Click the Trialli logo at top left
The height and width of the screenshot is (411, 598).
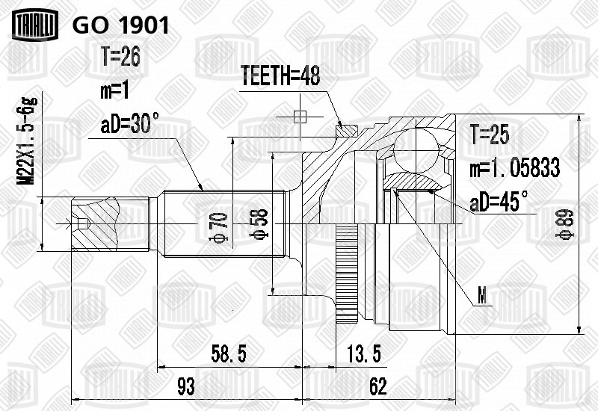35,25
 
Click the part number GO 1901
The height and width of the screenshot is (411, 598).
120,25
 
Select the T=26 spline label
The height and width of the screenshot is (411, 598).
120,57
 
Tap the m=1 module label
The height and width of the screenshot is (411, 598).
115,91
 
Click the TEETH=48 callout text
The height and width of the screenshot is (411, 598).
280,75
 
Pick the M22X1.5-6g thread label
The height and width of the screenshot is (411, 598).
28,140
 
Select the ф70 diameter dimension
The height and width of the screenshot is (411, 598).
218,227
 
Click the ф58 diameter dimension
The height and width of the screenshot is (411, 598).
259,223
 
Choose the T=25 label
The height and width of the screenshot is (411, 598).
490,135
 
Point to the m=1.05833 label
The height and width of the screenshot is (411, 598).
515,168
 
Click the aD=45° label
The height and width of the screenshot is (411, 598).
499,201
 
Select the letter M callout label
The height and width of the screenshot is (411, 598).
483,296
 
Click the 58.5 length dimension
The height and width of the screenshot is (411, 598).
229,353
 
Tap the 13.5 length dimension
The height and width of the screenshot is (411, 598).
364,353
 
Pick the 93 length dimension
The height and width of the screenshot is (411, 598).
186,386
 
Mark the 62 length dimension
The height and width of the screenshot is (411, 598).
378,386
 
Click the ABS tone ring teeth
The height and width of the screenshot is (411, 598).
347,274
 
